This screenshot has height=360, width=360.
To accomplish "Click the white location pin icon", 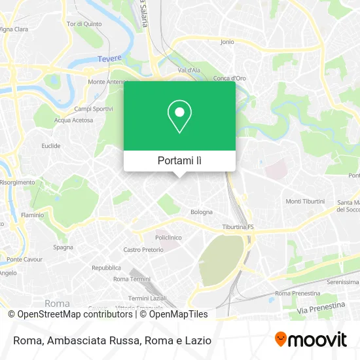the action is [x=179, y=116].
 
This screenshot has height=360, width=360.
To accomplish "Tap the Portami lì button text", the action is [x=179, y=160].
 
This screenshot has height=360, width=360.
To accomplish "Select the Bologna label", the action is [x=202, y=212].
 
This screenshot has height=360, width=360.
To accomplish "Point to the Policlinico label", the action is [x=168, y=238].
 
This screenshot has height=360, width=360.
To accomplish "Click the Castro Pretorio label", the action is [x=143, y=249].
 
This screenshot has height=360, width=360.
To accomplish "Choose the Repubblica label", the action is [x=106, y=268].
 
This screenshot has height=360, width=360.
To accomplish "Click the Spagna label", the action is [x=63, y=247].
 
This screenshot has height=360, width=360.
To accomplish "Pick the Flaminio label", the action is [x=32, y=215].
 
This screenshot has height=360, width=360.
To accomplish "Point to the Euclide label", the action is [x=51, y=146].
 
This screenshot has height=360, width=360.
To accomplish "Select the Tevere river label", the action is [x=109, y=58].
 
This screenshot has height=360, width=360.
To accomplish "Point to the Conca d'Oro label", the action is [x=229, y=79].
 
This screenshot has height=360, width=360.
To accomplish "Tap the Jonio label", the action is [x=227, y=42].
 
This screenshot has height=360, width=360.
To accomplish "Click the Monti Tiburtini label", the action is [x=305, y=201].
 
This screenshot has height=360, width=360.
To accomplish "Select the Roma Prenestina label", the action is [x=298, y=293].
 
